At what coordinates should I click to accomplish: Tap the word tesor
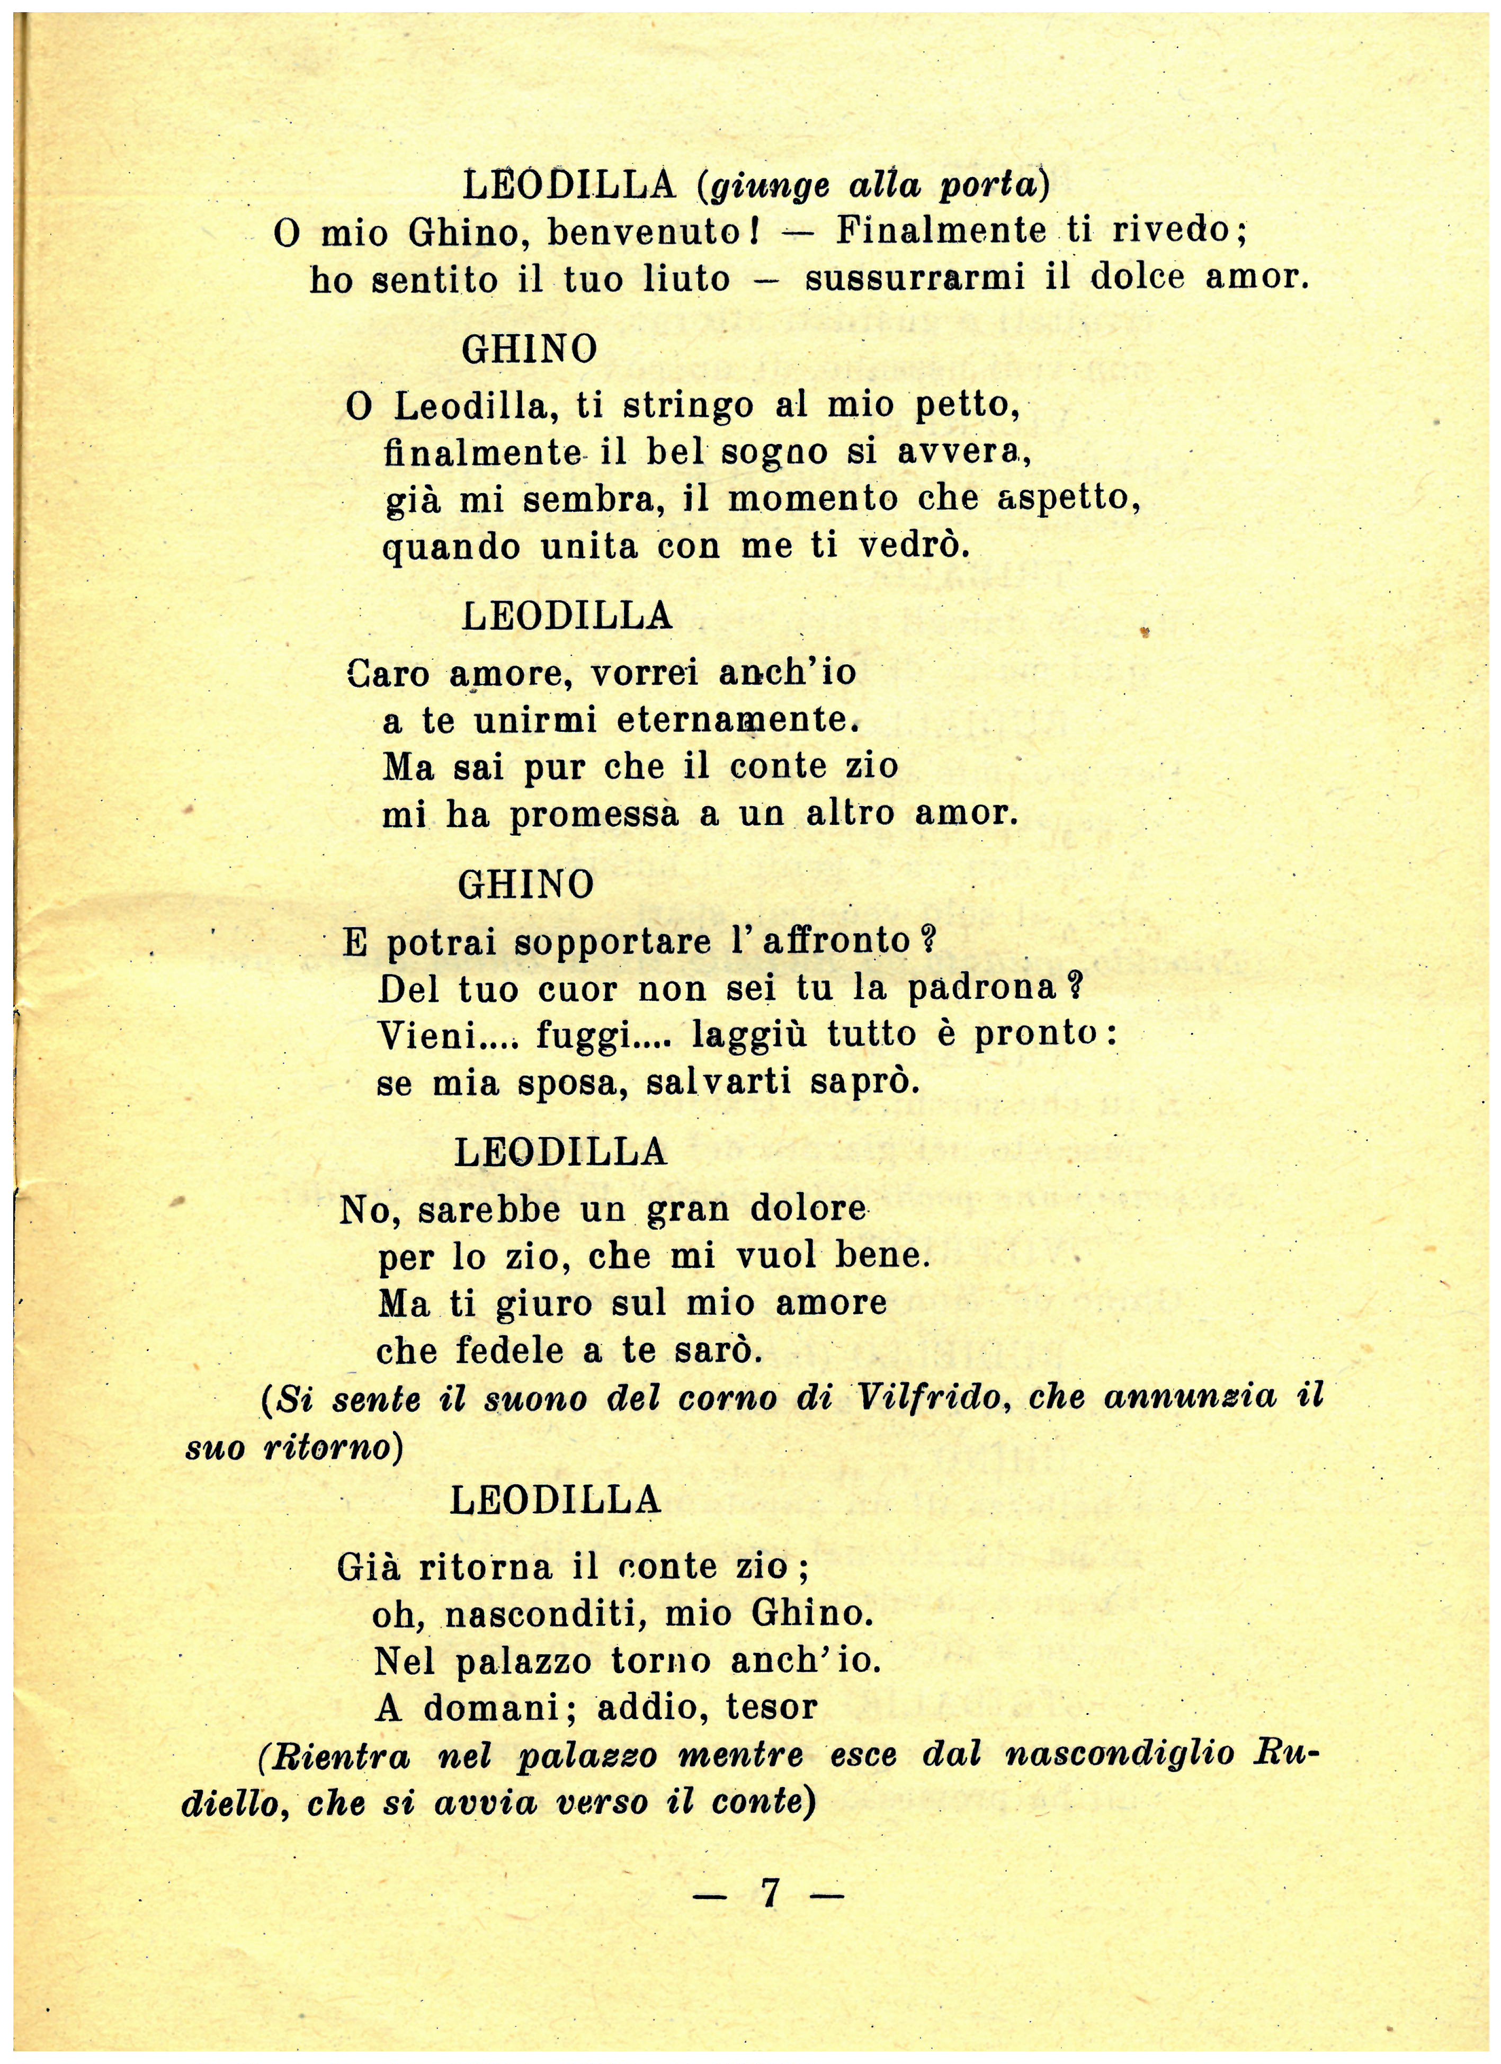pos(772,1707)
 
